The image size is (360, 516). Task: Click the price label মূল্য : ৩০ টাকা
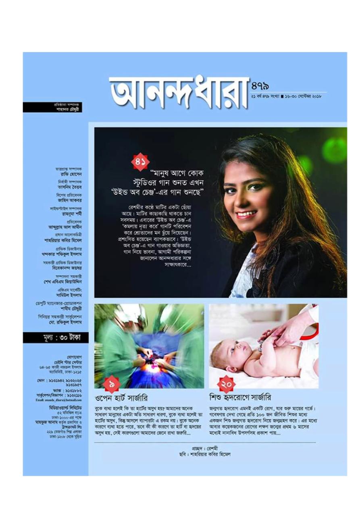[55, 337]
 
